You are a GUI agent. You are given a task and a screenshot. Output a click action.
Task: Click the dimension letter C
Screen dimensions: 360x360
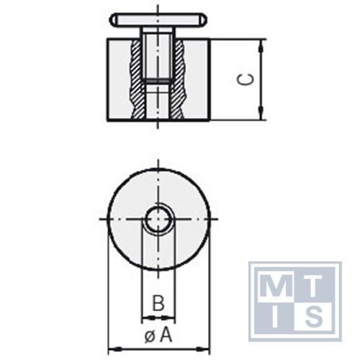(x=246, y=80)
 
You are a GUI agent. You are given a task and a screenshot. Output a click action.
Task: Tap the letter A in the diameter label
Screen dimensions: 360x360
(x=166, y=335)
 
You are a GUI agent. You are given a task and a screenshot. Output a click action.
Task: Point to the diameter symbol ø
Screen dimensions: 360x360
(x=149, y=336)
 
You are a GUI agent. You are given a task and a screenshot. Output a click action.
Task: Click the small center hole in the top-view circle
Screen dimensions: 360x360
(x=157, y=220)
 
